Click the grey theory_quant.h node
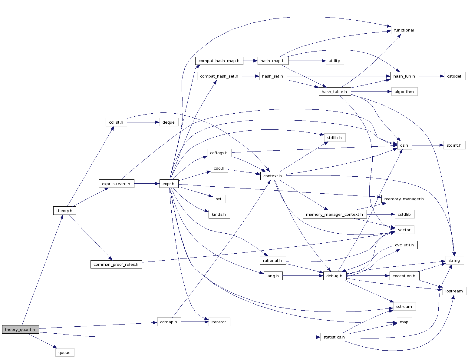click(20, 329)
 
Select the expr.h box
click(169, 184)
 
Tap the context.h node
click(273, 176)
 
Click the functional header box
click(404, 30)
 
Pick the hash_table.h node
click(335, 92)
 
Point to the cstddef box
click(454, 76)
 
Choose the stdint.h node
click(454, 145)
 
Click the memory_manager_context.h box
click(335, 214)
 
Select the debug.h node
click(335, 276)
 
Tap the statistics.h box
click(334, 337)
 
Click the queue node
click(64, 352)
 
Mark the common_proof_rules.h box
click(116, 264)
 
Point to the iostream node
click(454, 291)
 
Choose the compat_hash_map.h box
click(219, 61)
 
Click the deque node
click(169, 122)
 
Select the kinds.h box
click(219, 214)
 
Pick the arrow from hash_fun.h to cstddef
click(431, 76)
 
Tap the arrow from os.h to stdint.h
click(427, 145)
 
